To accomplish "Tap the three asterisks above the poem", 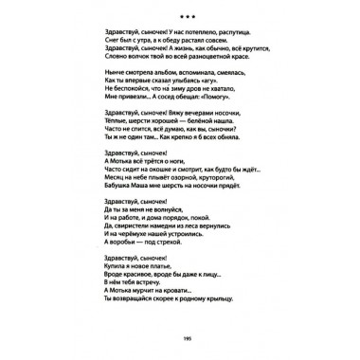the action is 179,15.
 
